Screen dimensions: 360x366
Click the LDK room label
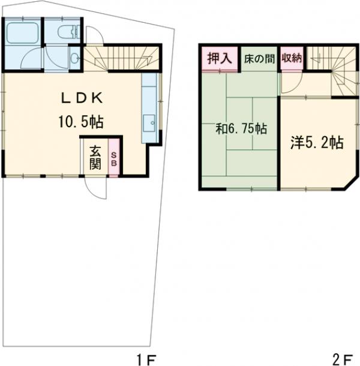tap(82, 98)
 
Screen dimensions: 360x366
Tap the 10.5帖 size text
tap(81, 122)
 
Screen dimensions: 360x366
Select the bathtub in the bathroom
tap(22, 32)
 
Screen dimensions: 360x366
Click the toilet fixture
tap(69, 32)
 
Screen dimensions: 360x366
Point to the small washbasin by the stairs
tap(75, 58)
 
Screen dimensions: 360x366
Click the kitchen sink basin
tap(149, 123)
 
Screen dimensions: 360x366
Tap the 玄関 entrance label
tap(95, 157)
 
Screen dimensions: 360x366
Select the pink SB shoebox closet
tap(113, 157)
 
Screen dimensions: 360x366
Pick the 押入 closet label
tap(220, 58)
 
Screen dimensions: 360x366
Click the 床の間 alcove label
tap(259, 59)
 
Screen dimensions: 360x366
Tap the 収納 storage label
tap(292, 58)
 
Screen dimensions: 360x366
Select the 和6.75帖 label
tap(241, 128)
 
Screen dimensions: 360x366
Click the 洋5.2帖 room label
tap(317, 143)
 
